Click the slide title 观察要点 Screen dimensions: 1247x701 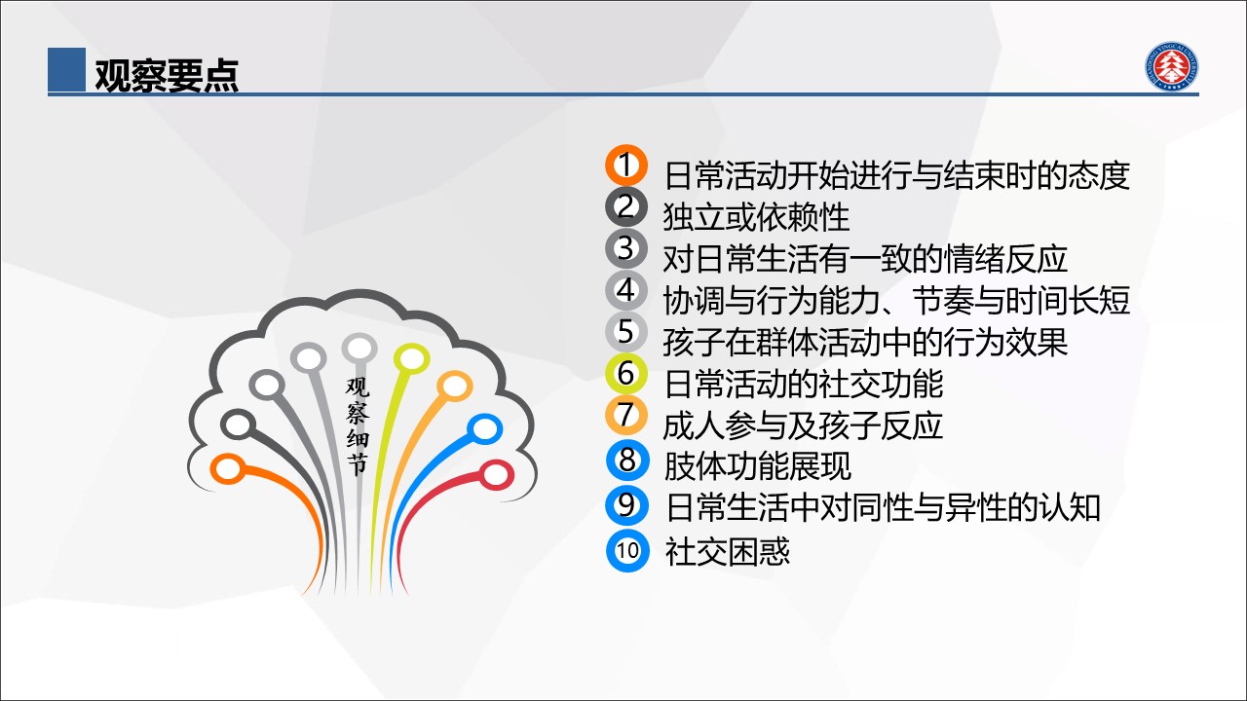pos(167,75)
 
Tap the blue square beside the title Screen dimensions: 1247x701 pos(66,69)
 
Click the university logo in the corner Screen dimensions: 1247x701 pos(1171,65)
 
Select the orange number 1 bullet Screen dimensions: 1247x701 pos(626,166)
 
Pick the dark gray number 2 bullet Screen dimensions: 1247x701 pos(626,207)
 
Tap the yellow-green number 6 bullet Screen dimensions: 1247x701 pos(626,373)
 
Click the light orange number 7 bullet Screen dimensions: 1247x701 pos(626,415)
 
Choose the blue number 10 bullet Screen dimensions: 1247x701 pos(627,551)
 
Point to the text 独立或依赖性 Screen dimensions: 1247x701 pos(756,217)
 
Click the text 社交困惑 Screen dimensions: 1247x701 pos(727,551)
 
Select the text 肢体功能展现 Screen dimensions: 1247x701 pos(757,465)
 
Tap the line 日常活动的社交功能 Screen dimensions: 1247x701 pos(804,384)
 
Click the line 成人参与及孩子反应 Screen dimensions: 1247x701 pos(802,426)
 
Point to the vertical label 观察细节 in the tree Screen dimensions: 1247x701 pos(357,426)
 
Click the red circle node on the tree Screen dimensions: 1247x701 pos(496,475)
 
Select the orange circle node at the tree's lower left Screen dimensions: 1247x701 pos(228,468)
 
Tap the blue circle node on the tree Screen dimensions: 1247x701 pos(484,429)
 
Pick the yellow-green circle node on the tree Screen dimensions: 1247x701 pos(411,359)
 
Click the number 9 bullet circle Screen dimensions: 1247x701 pos(627,505)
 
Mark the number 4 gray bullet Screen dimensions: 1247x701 pos(626,290)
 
